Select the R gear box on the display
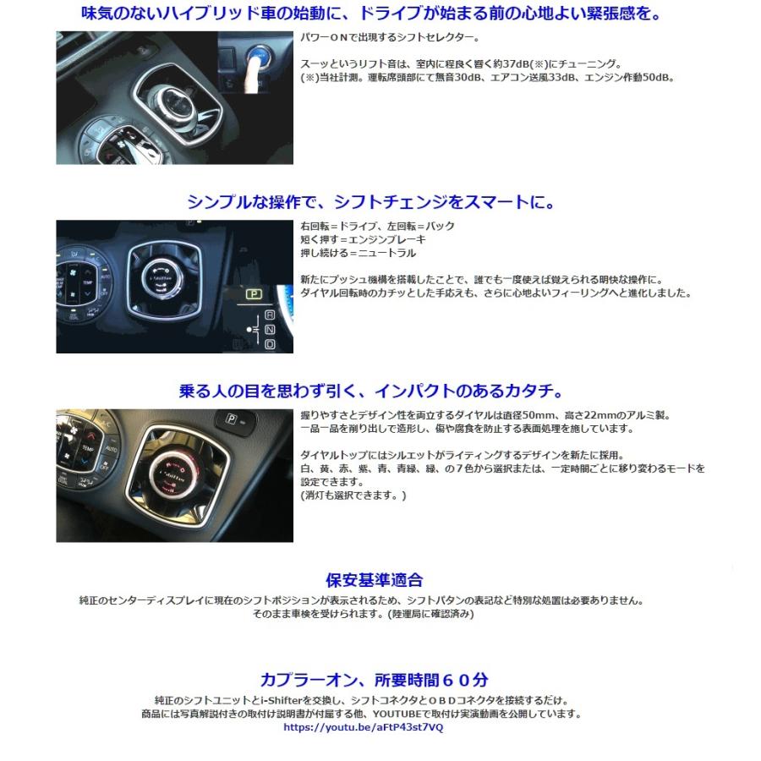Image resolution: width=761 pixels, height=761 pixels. pos(270,316)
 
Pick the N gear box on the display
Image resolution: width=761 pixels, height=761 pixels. pos(270,330)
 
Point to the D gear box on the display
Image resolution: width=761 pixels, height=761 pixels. pos(270,344)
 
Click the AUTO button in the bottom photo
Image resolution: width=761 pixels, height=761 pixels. pos(107,452)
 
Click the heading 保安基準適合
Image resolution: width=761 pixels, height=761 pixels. pos(374,580)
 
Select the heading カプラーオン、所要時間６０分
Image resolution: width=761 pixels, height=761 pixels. pos(374,680)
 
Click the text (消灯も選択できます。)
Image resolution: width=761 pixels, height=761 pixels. pos(353,495)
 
